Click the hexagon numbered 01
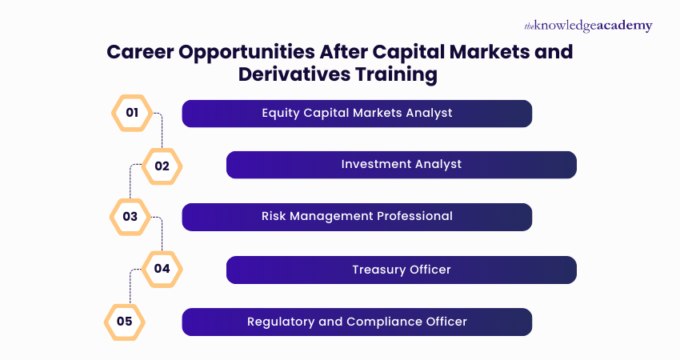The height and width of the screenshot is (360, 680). [131, 113]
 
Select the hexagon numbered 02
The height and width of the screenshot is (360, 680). [162, 166]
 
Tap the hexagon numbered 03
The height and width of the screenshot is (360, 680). [130, 217]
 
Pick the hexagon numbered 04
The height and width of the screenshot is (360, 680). [162, 269]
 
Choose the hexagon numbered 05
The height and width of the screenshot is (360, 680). [125, 322]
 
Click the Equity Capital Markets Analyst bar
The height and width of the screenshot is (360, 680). [357, 114]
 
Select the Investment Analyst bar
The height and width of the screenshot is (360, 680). [401, 165]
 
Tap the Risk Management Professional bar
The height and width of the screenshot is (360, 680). [357, 217]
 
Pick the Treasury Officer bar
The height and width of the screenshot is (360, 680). [401, 270]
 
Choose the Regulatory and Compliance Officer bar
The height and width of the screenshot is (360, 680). [357, 322]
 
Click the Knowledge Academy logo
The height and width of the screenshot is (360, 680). [588, 26]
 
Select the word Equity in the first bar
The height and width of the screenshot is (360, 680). [281, 113]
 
